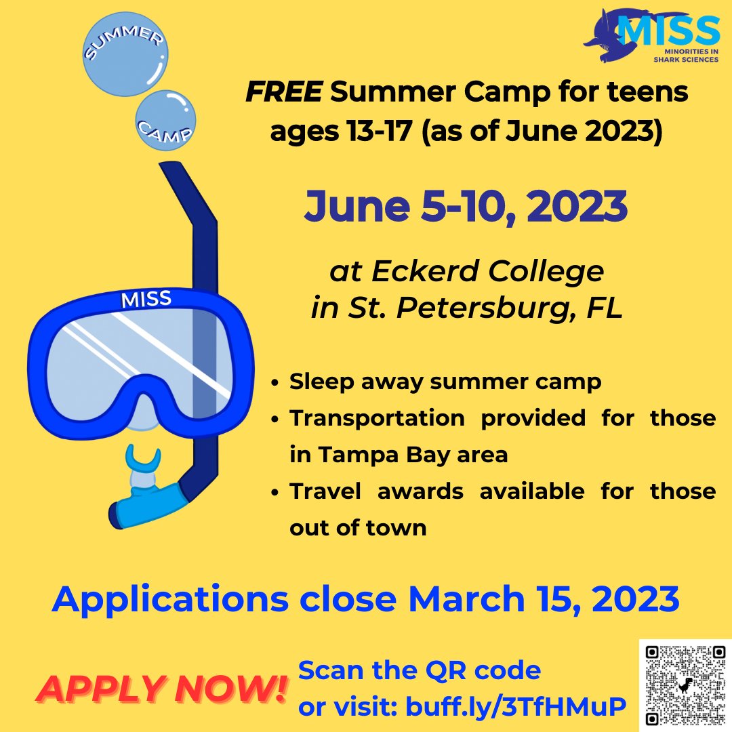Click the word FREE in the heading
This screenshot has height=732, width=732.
283,94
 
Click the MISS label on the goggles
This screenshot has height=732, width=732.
146,298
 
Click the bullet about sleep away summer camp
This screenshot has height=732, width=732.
445,382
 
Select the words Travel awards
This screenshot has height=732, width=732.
376,491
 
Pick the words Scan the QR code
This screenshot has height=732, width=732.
420,670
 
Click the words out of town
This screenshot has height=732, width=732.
358,527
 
